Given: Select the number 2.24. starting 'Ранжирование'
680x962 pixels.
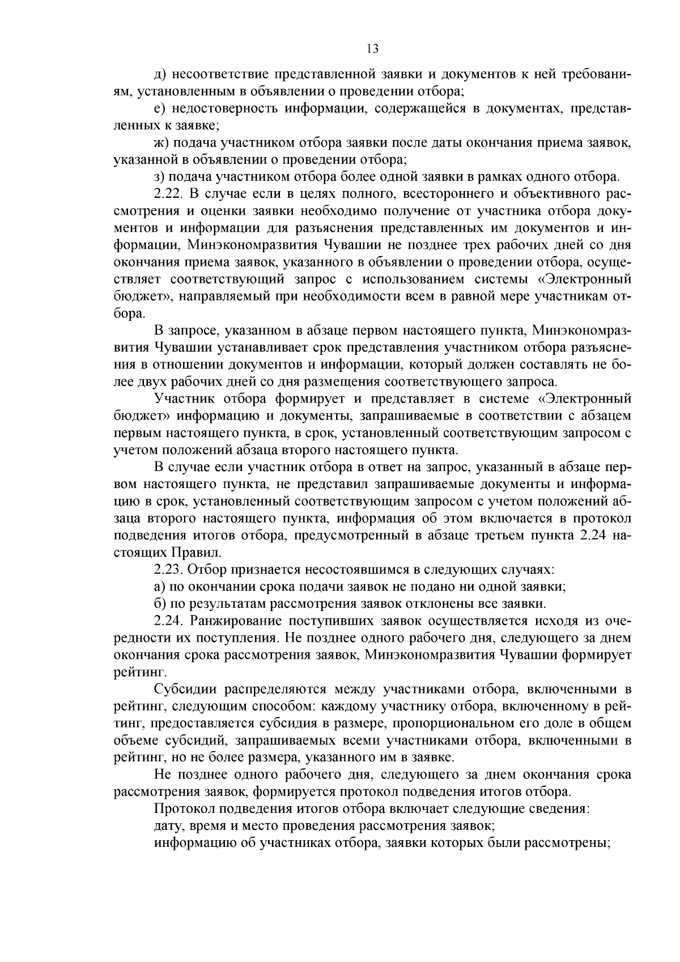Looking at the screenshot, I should [x=168, y=621].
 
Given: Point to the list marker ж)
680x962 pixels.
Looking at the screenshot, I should [x=161, y=143].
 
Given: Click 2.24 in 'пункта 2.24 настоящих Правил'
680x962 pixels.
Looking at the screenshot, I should [x=594, y=535].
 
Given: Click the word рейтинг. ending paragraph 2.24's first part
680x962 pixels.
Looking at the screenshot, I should [x=132, y=672].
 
